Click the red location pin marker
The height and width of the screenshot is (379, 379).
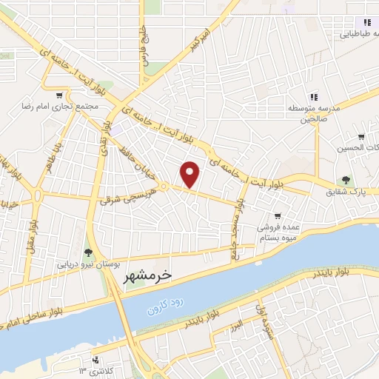[x=191, y=174]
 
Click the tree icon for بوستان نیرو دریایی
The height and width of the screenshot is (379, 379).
[x=88, y=253]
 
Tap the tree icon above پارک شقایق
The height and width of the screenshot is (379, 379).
[x=346, y=180]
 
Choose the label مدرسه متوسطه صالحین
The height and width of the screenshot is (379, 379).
[x=313, y=113]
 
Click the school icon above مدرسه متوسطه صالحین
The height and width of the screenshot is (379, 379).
[x=313, y=97]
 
